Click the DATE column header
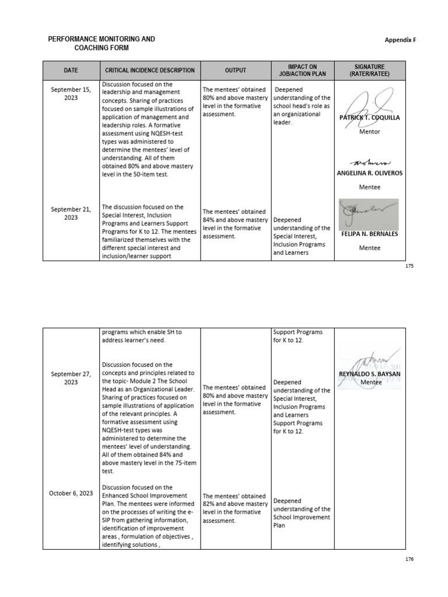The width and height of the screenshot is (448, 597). (71, 71)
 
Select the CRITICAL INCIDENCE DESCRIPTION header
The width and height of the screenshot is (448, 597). (150, 71)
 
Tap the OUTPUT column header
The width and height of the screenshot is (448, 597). (236, 71)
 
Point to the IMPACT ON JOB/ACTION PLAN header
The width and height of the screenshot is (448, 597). (303, 71)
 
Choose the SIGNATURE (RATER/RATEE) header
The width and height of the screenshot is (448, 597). (369, 71)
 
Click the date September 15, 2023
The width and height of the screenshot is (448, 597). (71, 94)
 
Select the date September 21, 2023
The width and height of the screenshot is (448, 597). (71, 213)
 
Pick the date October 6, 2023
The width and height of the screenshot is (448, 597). (71, 493)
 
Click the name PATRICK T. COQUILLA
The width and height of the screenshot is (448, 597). (369, 118)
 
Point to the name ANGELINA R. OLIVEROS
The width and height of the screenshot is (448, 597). (369, 173)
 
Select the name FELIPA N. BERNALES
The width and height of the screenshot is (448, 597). (369, 234)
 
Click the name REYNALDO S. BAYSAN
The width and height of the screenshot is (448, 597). (370, 374)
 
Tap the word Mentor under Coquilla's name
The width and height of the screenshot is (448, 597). (369, 132)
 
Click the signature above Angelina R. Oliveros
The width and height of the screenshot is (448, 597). (369, 161)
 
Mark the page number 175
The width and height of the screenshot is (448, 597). (408, 266)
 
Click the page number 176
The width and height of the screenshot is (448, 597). (408, 559)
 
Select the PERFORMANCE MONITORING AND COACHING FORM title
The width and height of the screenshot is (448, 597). (101, 43)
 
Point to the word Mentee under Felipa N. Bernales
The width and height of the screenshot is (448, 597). (369, 248)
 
